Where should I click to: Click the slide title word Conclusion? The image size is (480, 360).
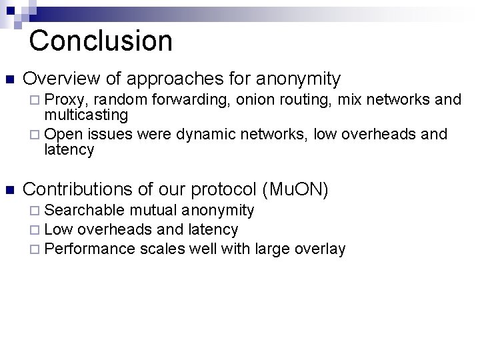(x=101, y=40)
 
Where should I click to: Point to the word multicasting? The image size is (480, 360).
(x=86, y=115)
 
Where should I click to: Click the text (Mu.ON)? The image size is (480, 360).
(x=296, y=189)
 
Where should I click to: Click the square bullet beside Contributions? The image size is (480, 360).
(x=9, y=190)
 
